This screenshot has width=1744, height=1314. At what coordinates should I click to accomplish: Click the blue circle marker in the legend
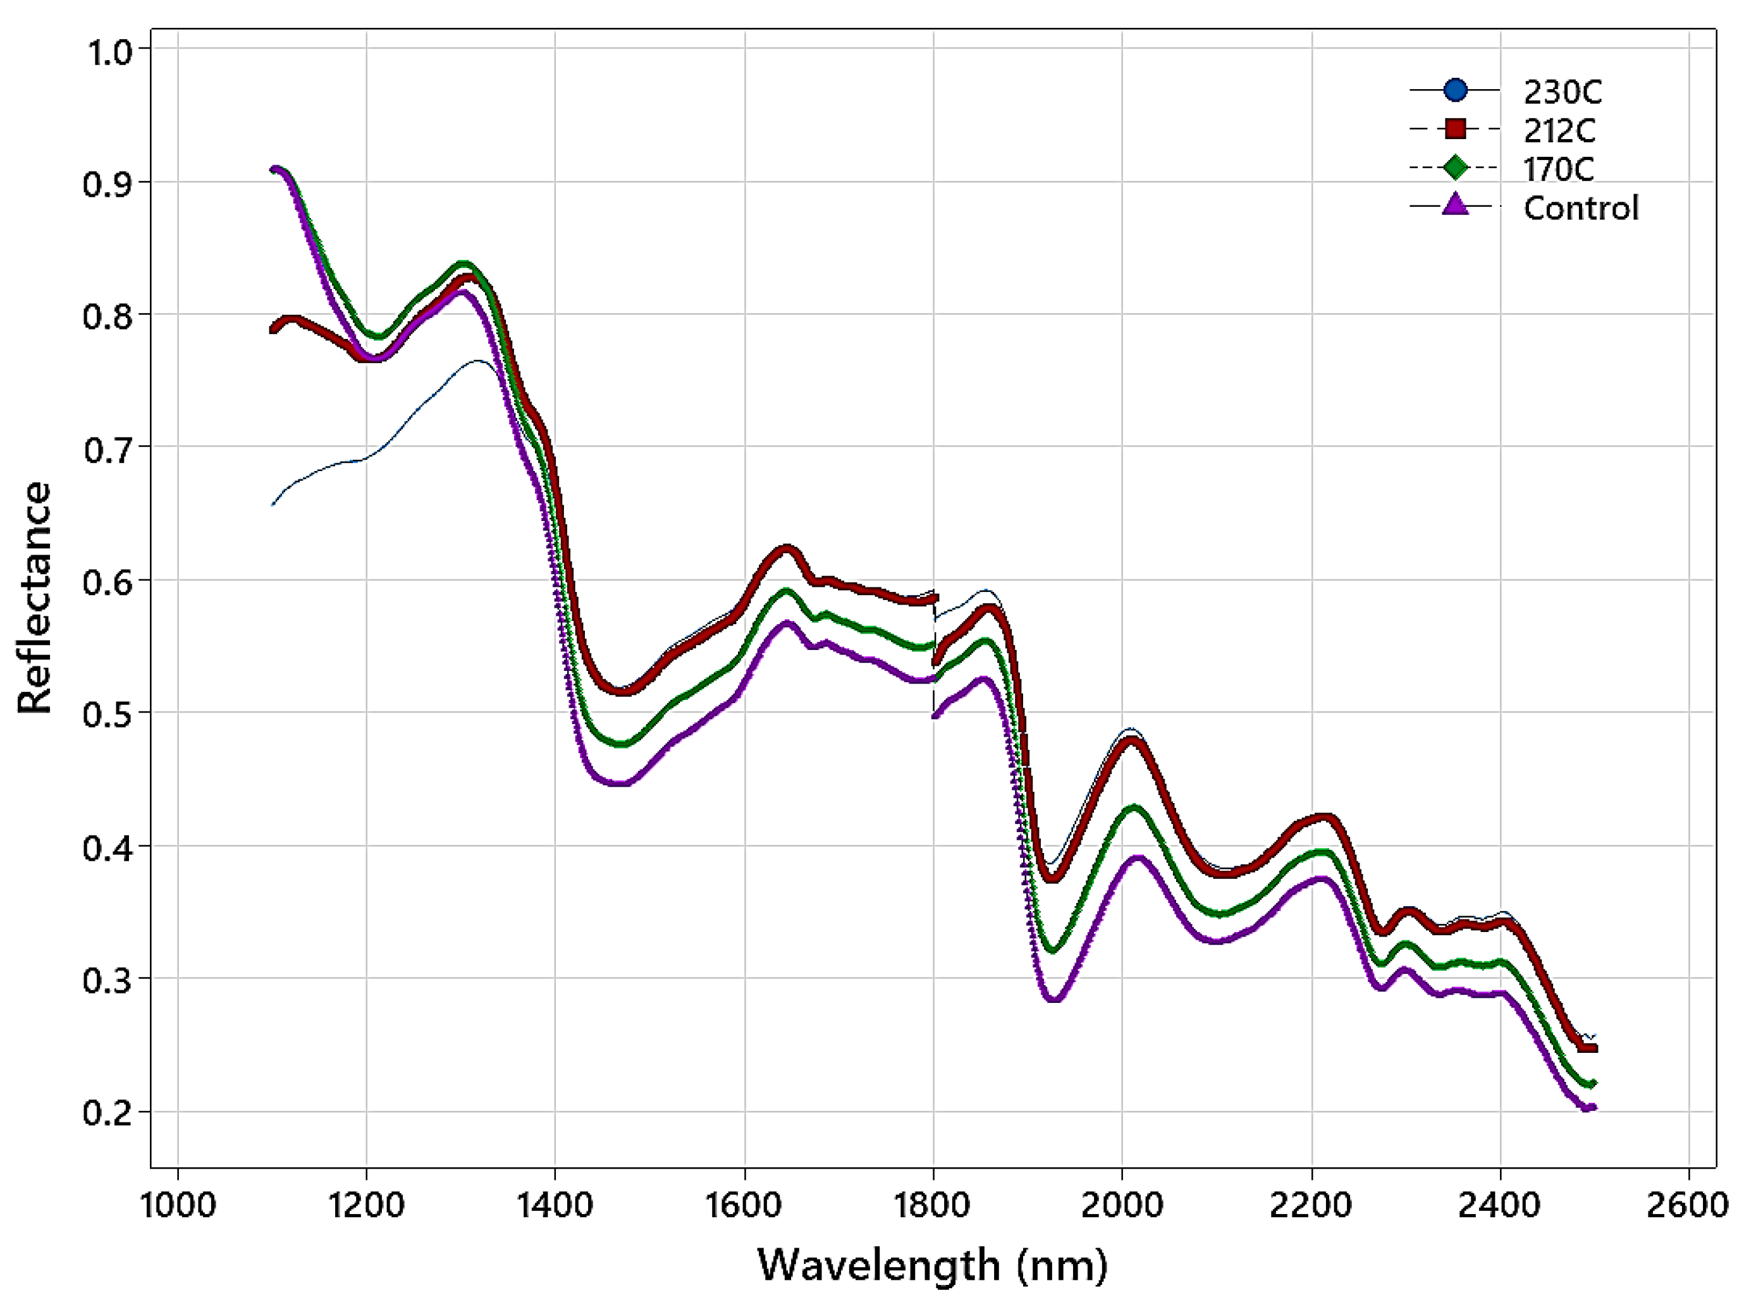click(1456, 90)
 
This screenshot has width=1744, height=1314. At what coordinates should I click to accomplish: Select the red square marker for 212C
click(1456, 128)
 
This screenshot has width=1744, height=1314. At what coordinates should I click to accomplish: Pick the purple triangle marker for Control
click(1456, 205)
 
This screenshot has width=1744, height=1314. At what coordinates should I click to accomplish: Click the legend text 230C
click(1563, 92)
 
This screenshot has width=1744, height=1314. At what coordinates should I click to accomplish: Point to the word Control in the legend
click(1581, 208)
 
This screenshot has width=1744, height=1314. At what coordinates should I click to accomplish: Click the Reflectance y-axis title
click(35, 598)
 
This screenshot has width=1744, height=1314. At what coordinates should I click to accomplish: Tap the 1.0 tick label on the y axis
click(107, 53)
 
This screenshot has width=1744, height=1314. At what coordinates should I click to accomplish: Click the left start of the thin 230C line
click(273, 504)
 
